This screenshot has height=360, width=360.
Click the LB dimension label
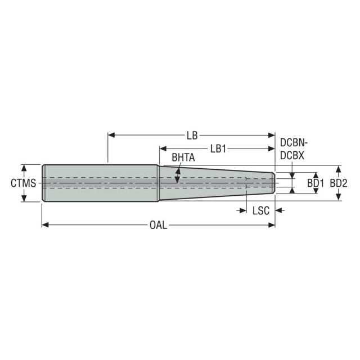click(192, 136)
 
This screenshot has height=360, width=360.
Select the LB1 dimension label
click(218, 149)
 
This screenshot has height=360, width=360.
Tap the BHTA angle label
click(183, 157)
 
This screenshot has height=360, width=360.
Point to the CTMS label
click(24, 183)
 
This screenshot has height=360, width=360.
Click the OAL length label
click(159, 225)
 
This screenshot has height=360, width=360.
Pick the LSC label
click(261, 210)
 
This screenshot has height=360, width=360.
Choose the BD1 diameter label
click(316, 183)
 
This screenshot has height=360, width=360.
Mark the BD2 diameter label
click(339, 183)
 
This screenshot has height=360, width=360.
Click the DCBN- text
click(294, 143)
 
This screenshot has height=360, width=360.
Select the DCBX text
click(292, 156)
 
